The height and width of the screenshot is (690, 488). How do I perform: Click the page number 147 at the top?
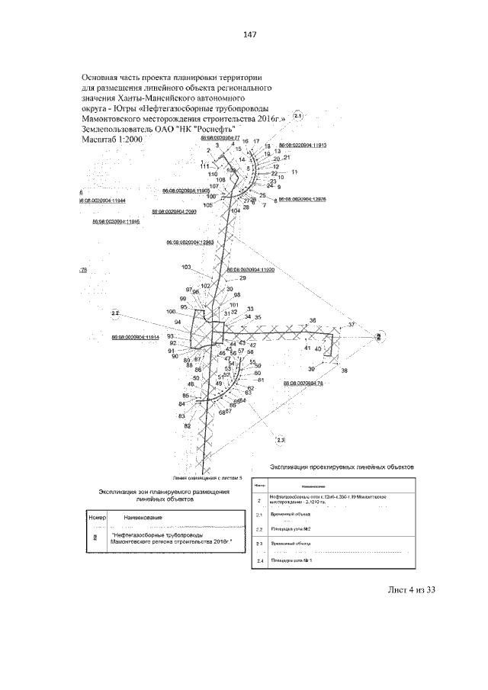click(x=249, y=35)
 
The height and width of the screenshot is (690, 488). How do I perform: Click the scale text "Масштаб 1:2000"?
click(x=111, y=140)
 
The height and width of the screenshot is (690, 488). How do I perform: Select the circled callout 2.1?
click(x=298, y=117)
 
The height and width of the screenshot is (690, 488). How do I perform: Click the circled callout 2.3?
click(x=280, y=440)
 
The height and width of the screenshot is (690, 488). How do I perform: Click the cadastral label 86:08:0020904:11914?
click(x=135, y=336)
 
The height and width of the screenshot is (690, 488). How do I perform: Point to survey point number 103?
click(x=187, y=267)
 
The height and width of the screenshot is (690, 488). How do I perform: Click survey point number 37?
click(x=352, y=325)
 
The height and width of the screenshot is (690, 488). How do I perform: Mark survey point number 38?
click(x=344, y=371)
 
